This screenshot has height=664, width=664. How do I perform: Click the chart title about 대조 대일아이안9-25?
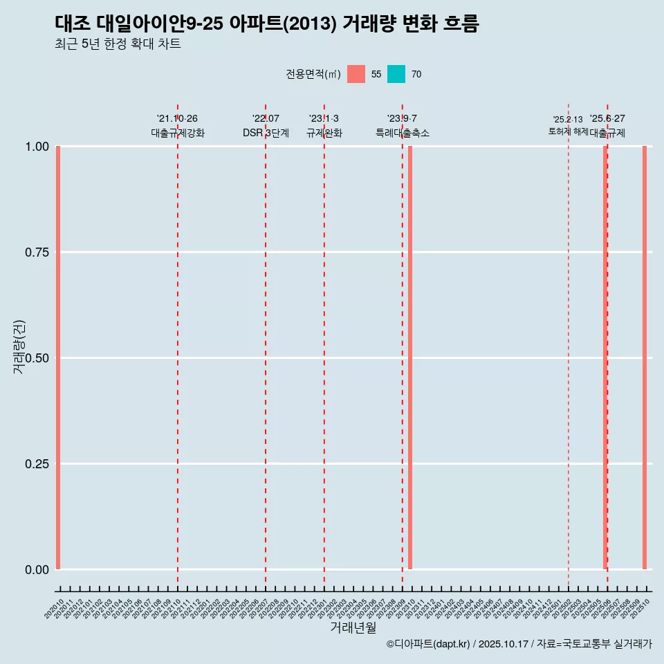click(x=266, y=24)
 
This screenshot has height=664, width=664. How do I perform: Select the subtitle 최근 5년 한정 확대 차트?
click(x=118, y=44)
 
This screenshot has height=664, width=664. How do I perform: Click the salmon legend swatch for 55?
click(x=356, y=74)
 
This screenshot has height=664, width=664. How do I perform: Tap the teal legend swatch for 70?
click(x=396, y=74)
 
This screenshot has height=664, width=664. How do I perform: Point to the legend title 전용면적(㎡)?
click(x=313, y=74)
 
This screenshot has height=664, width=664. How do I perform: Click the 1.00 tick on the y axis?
click(x=37, y=147)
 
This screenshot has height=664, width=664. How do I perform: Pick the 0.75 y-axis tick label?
click(x=37, y=252)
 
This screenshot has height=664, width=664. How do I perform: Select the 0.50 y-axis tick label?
click(x=37, y=358)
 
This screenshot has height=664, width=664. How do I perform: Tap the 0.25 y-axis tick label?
click(x=37, y=464)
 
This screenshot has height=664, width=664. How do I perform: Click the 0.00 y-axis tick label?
click(x=37, y=570)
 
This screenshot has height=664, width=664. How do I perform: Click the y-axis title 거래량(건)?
click(x=19, y=347)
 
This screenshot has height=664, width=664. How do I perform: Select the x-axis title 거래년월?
click(x=353, y=628)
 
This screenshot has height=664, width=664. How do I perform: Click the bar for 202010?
click(x=58, y=358)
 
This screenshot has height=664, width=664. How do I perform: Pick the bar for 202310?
click(x=410, y=358)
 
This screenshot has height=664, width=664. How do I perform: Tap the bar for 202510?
click(x=645, y=358)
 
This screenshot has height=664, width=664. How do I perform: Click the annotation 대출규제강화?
click(x=178, y=133)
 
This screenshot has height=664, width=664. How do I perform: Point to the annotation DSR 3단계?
click(x=266, y=133)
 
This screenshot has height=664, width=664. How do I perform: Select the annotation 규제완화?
click(x=324, y=133)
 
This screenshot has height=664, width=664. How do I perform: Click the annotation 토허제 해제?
click(x=568, y=131)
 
